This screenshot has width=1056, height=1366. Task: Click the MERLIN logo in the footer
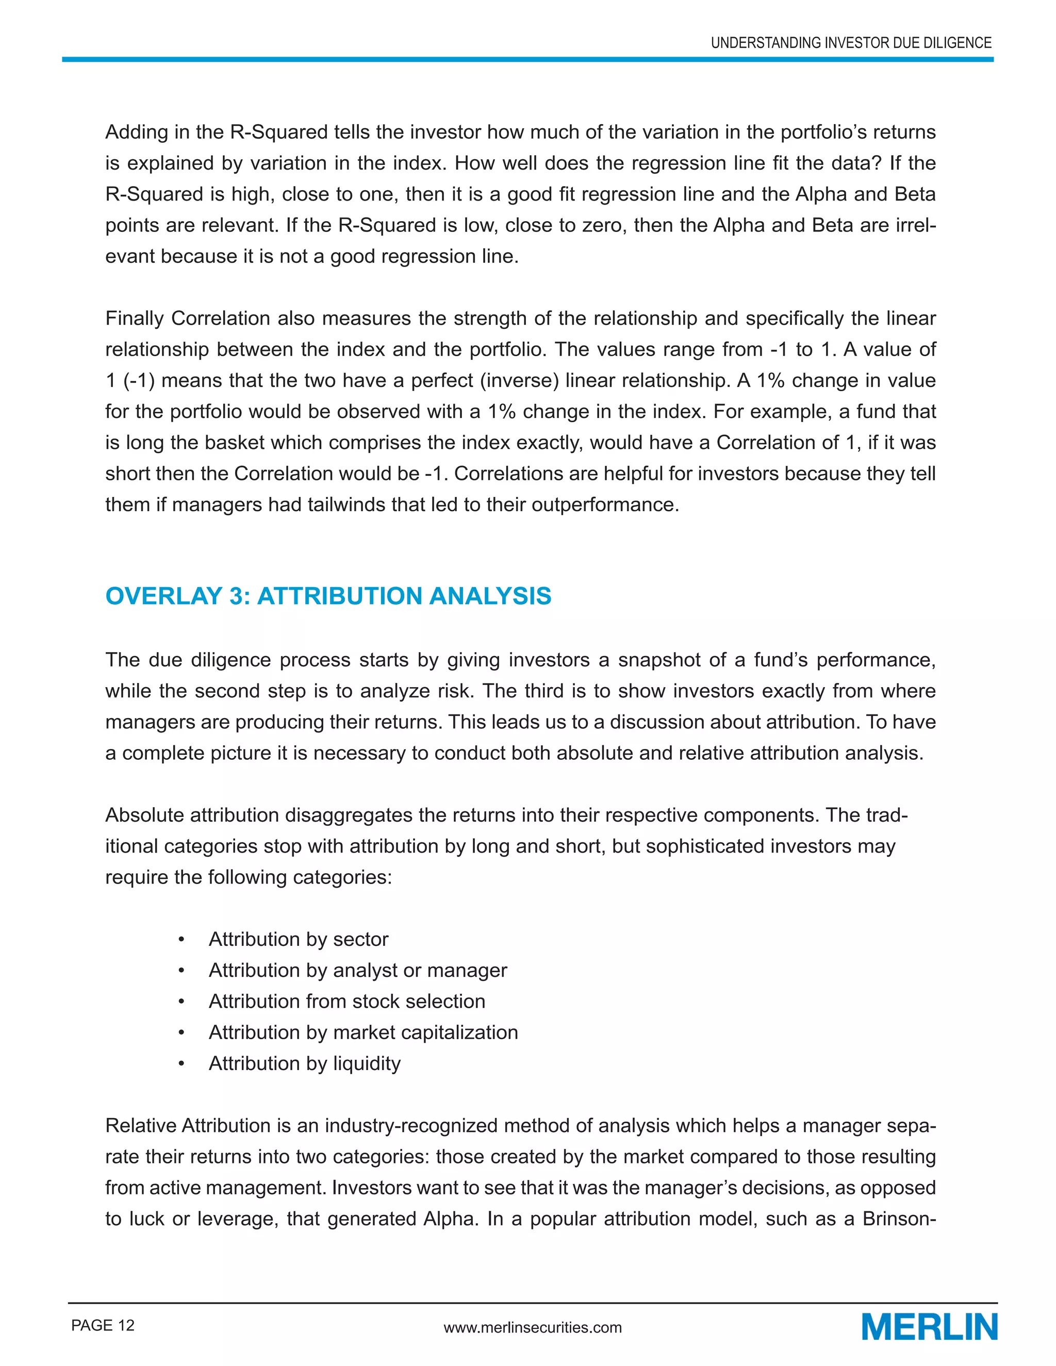click(x=929, y=1327)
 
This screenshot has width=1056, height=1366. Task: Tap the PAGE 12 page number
click(x=103, y=1325)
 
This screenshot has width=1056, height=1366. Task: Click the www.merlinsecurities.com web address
click(x=532, y=1327)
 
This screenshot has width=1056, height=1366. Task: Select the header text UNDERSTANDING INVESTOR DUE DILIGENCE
click(x=851, y=43)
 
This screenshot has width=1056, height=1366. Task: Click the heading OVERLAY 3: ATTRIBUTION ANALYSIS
click(x=328, y=596)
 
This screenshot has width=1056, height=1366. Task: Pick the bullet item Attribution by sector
click(x=299, y=939)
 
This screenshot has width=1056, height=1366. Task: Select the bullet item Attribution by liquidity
click(x=304, y=1063)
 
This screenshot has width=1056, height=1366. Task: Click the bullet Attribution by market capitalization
click(x=363, y=1032)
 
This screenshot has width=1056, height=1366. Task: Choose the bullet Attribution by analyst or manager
click(x=357, y=970)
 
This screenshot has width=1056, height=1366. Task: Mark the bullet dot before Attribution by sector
click(x=181, y=939)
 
